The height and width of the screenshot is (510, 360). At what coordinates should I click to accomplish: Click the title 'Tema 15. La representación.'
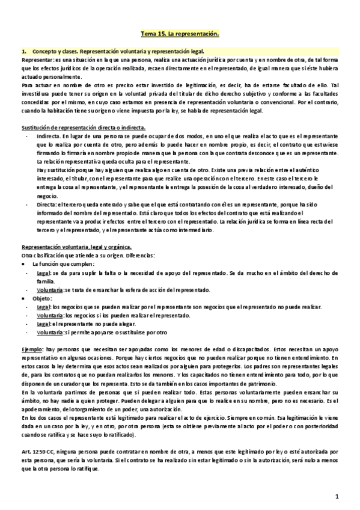(x=180, y=35)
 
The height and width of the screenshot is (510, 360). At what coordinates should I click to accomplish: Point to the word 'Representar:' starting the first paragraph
(x=37, y=61)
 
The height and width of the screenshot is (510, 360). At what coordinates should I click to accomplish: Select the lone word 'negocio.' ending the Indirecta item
(x=47, y=196)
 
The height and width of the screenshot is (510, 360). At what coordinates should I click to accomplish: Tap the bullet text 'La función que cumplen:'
(x=64, y=264)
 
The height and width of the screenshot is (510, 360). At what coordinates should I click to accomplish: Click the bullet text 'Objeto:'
(x=43, y=298)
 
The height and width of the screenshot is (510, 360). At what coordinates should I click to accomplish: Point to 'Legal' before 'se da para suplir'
(x=43, y=272)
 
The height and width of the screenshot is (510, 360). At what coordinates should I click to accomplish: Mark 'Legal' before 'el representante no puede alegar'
(x=43, y=324)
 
